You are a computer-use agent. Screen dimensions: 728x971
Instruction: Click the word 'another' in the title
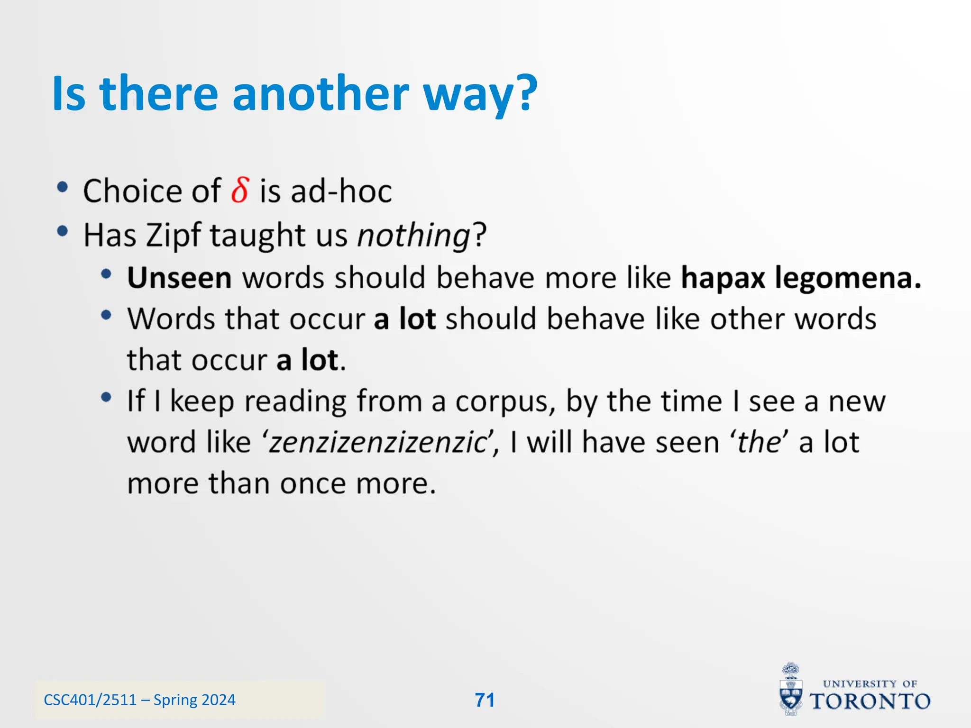click(x=321, y=93)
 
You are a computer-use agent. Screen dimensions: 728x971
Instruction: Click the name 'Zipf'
click(x=173, y=236)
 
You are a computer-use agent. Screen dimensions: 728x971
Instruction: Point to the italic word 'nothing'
click(x=413, y=236)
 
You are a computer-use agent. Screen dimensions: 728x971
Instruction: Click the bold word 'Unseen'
click(x=179, y=278)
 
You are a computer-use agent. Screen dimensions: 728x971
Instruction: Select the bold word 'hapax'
click(x=723, y=278)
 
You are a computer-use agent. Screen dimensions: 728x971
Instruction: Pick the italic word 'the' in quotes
click(x=759, y=443)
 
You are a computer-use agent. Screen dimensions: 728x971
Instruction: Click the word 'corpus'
click(x=505, y=402)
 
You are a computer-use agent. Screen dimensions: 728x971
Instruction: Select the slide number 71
click(x=485, y=700)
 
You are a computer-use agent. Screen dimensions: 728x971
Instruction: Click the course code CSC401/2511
click(x=90, y=700)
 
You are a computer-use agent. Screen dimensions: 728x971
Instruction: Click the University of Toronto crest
click(x=791, y=690)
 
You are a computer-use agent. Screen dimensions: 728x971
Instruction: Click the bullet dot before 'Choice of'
click(x=62, y=188)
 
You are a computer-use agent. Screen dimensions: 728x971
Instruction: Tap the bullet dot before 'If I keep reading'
click(x=106, y=397)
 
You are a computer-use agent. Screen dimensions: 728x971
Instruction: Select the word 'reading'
click(x=295, y=402)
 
